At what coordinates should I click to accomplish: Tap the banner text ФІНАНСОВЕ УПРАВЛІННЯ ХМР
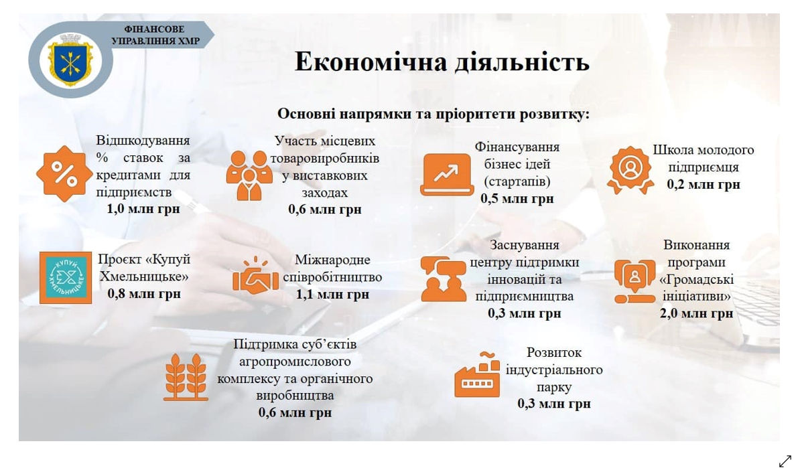tap(155, 35)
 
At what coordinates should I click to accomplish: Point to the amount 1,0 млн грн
tap(143, 209)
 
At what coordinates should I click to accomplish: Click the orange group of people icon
tap(249, 175)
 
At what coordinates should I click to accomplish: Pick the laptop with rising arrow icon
tap(447, 175)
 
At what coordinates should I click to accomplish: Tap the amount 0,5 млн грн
tap(517, 198)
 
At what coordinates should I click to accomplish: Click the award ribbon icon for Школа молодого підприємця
tap(630, 170)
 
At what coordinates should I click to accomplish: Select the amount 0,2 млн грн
tap(703, 184)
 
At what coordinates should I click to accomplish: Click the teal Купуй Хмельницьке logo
tap(66, 277)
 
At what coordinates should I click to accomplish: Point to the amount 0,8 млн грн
tap(144, 294)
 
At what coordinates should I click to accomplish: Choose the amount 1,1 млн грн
tap(332, 294)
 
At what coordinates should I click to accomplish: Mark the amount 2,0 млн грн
tap(696, 313)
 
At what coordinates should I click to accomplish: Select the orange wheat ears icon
tap(186, 376)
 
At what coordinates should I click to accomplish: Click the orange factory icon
tap(477, 375)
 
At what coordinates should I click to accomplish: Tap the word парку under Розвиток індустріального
tap(554, 387)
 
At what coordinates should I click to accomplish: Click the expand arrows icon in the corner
tap(785, 461)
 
